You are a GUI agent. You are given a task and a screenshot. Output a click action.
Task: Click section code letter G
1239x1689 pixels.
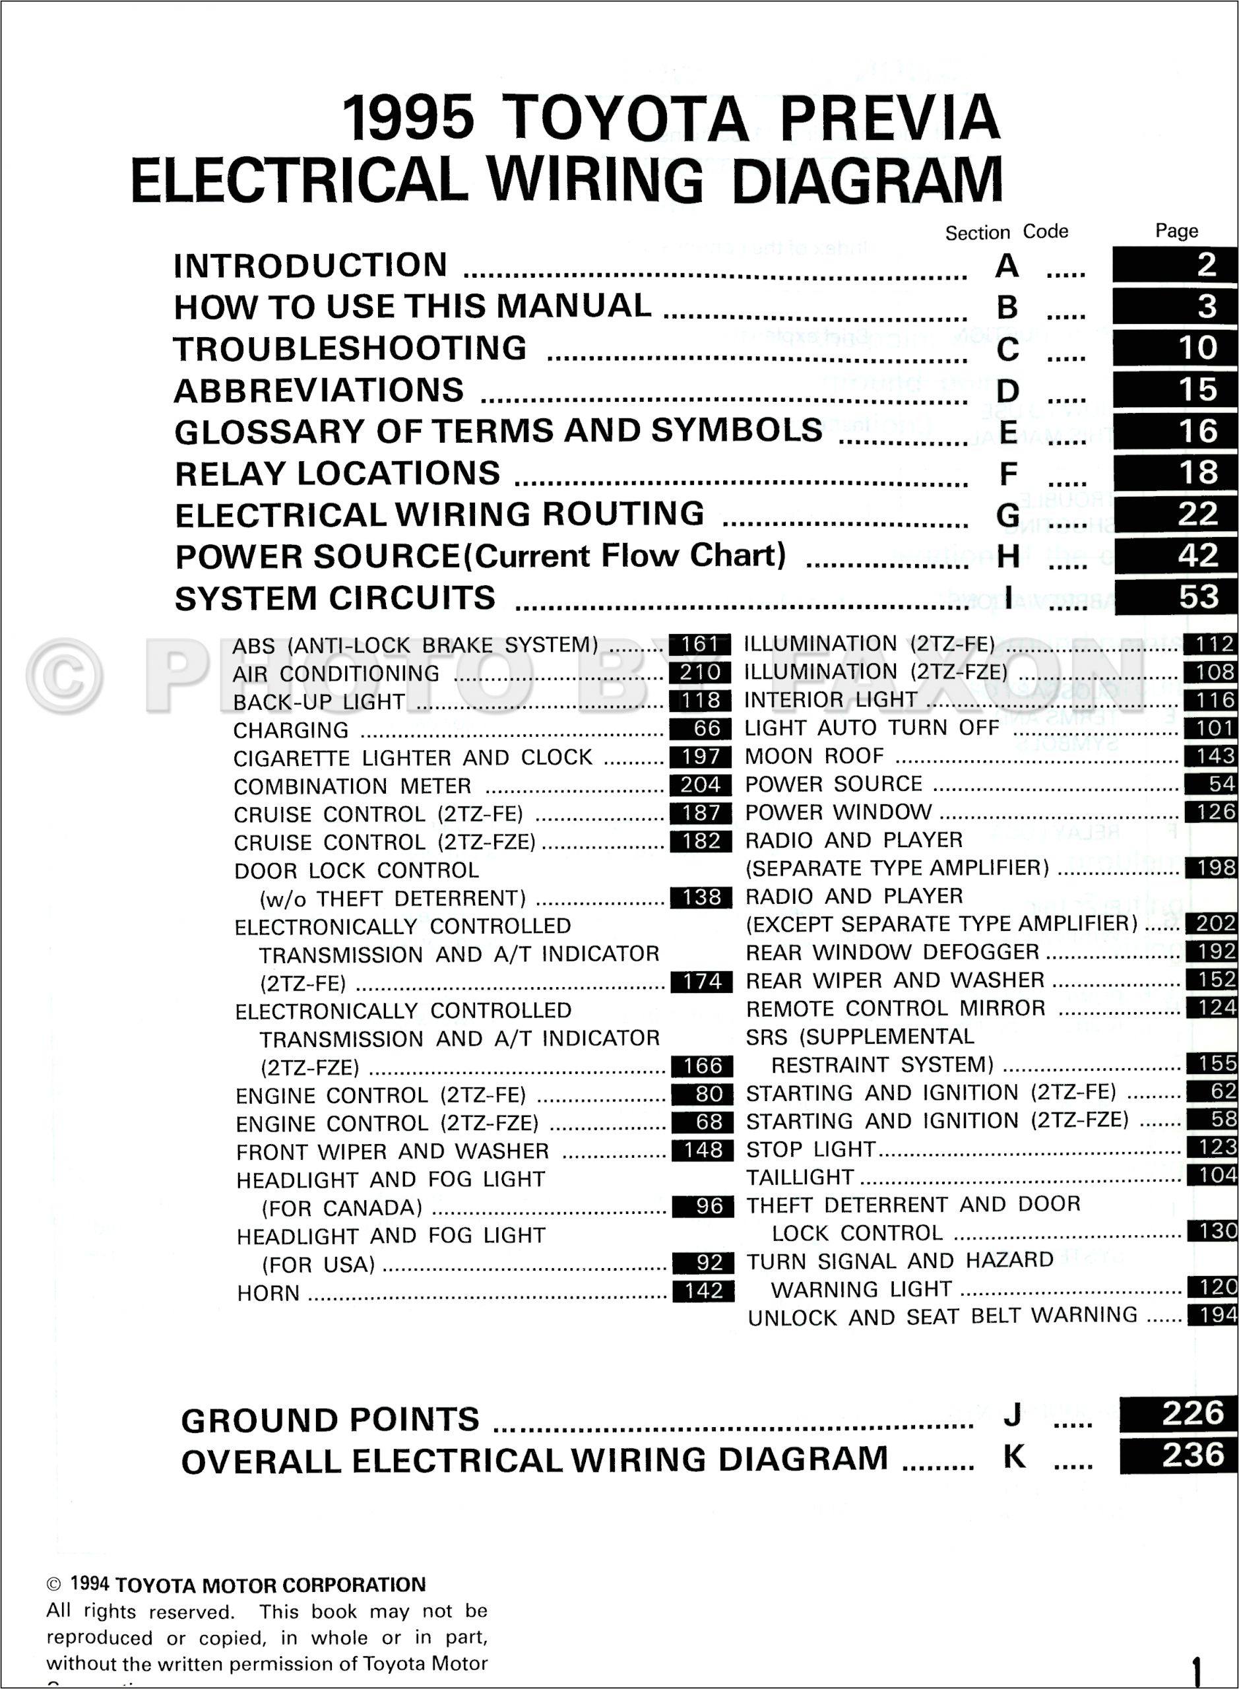click(1007, 515)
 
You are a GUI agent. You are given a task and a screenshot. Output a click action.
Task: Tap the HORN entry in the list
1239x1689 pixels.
click(269, 1293)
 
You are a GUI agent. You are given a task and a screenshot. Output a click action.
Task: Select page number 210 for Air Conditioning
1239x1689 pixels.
click(701, 672)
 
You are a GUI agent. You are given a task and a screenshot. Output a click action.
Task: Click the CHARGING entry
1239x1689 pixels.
click(291, 730)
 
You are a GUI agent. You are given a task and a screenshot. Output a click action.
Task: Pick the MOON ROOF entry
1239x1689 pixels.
click(815, 756)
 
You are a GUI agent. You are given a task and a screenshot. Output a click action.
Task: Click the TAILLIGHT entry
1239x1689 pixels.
click(800, 1178)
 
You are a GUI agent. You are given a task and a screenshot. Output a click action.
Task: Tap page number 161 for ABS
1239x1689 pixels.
click(701, 644)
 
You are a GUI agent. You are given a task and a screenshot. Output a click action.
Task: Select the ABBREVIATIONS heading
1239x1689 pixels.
click(319, 391)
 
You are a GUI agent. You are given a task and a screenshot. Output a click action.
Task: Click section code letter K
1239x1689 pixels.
click(1014, 1457)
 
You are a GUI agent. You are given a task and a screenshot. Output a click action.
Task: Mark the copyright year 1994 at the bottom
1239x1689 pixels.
click(89, 1584)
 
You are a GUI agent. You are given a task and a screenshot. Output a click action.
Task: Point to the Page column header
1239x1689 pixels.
click(1176, 231)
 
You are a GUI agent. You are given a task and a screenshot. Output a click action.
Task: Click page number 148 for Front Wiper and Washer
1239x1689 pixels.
click(703, 1150)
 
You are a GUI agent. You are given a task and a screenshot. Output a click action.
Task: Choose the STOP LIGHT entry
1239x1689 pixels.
click(811, 1149)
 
